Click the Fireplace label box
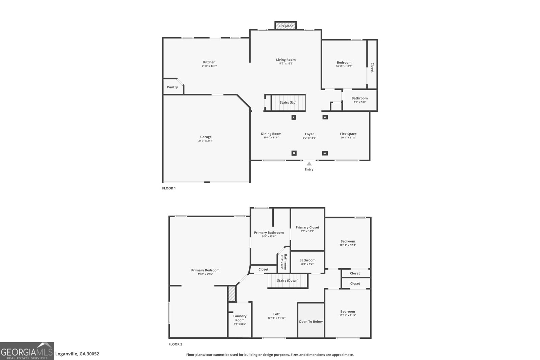tap(286, 26)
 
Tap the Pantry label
tap(172, 87)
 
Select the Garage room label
tap(206, 137)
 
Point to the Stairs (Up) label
tap(288, 103)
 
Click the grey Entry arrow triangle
tap(309, 164)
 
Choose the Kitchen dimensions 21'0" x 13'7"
tap(209, 66)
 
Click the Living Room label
tap(286, 60)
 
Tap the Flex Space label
tap(348, 134)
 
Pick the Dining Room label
tap(271, 134)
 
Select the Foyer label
tap(309, 134)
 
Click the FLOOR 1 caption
tap(169, 188)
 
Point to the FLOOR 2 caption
tap(175, 344)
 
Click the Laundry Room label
tap(240, 318)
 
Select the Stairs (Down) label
tap(288, 281)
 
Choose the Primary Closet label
tap(307, 227)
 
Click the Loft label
tap(276, 314)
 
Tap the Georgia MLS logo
tap(27, 351)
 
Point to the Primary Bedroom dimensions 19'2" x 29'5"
tap(205, 274)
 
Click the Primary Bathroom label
tap(269, 232)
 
